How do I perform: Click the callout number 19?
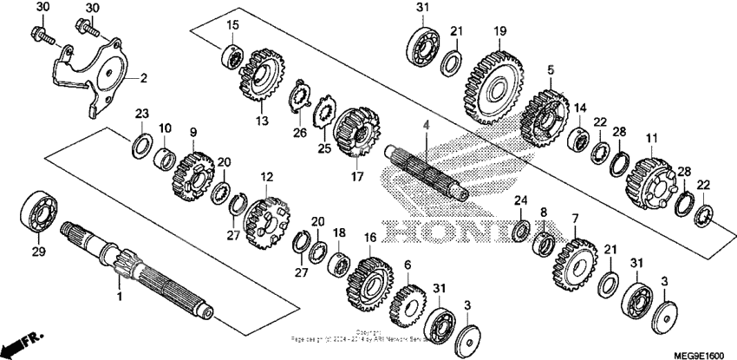(x=499, y=32)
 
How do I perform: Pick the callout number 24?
(x=520, y=201)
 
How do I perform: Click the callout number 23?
(x=141, y=113)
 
